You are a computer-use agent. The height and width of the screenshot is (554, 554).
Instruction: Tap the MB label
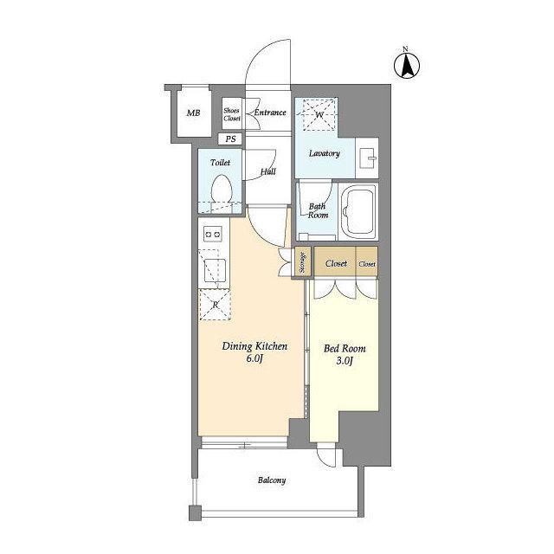pos(193,113)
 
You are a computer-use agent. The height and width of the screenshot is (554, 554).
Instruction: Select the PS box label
pos(231,138)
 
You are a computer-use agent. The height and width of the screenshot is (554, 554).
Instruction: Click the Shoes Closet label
pos(232,114)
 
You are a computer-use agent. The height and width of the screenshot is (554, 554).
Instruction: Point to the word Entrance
pos(270,113)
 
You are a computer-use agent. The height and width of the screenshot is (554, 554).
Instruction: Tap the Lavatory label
pos(325,153)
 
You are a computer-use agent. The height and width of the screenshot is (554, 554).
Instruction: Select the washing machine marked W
pos(317,114)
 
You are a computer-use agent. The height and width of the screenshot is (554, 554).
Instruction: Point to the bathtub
pos(358,211)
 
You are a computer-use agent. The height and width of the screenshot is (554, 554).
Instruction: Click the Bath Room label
pos(318,210)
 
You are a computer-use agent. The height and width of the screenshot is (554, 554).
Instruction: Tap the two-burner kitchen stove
pos(213,235)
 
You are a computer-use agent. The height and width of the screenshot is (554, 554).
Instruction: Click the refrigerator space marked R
pos(216,305)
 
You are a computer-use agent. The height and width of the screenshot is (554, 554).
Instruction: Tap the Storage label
pos(303,262)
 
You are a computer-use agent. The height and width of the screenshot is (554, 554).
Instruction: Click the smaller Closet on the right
pos(367,264)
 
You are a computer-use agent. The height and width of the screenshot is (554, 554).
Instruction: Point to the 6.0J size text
pos(254,358)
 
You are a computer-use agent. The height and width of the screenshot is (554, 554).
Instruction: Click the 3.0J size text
pos(345,361)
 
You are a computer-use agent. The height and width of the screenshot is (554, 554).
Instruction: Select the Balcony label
pos(272,480)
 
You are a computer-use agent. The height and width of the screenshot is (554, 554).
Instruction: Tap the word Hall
pos(268,172)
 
